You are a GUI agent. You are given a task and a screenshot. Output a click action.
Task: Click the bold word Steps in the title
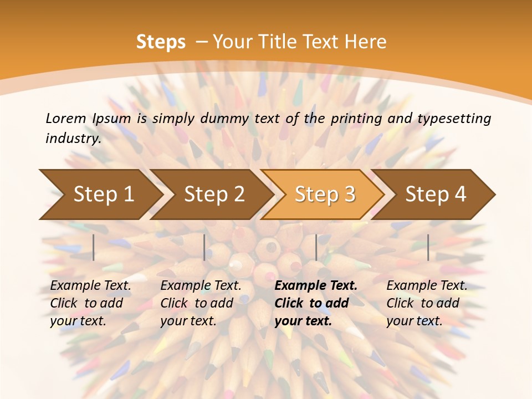click(161, 42)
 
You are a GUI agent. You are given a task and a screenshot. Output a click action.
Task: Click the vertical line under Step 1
click(94, 247)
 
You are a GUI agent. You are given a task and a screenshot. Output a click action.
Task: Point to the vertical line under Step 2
click(204, 247)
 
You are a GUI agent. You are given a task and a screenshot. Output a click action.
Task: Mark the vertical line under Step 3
click(316, 247)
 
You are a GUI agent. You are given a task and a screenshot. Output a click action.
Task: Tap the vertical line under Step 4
click(428, 247)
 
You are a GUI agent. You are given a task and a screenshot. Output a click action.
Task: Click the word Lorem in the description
click(65, 118)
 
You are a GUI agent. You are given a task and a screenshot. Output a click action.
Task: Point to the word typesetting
click(454, 118)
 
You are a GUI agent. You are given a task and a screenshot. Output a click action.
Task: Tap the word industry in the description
click(73, 138)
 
